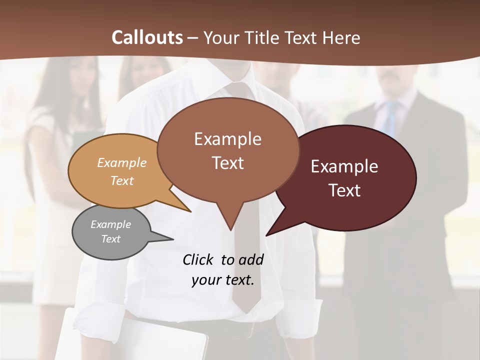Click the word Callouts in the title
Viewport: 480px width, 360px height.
click(x=147, y=37)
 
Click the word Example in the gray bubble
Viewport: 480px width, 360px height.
click(x=111, y=224)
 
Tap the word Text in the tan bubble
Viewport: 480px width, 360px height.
click(x=122, y=180)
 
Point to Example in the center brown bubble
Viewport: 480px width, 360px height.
click(x=227, y=139)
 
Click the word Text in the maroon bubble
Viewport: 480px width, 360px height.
click(x=344, y=190)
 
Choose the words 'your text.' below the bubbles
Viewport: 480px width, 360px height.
click(x=223, y=280)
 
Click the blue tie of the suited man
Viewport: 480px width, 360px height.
click(x=391, y=115)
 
